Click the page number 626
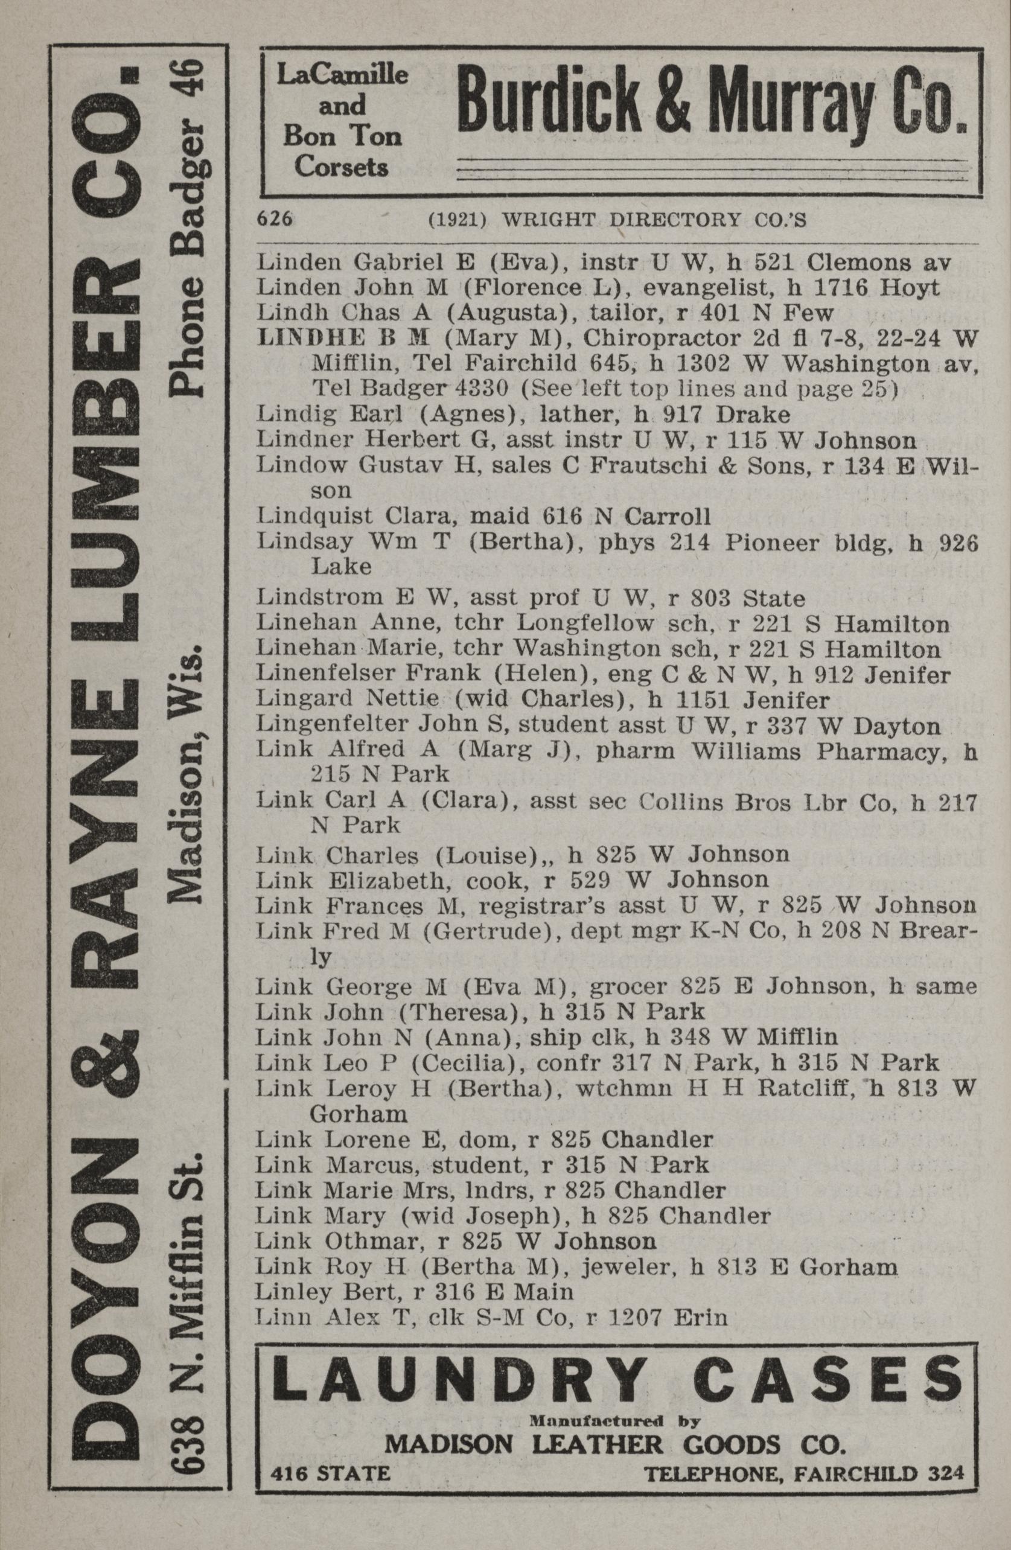click(274, 220)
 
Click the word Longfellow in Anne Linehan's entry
click(584, 624)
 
